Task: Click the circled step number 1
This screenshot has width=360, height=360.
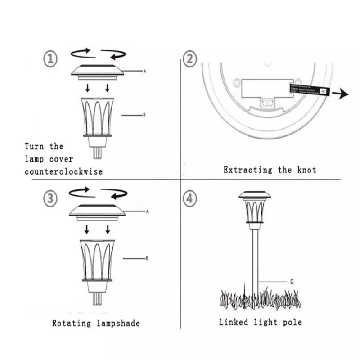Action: tap(51, 58)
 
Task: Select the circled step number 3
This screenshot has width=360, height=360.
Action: tap(51, 199)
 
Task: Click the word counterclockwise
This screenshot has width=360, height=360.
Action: tap(64, 171)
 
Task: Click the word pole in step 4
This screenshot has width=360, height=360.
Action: tap(292, 322)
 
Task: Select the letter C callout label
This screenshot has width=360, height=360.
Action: tap(292, 281)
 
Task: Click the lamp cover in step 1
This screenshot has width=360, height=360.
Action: tap(97, 72)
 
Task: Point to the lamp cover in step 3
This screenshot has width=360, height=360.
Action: tap(97, 211)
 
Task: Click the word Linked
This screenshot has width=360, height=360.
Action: tap(233, 322)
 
